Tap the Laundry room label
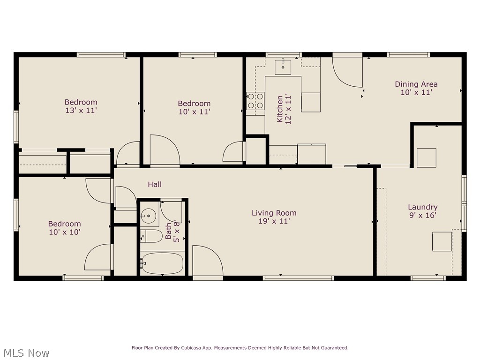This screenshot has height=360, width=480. pyautogui.click(x=422, y=207)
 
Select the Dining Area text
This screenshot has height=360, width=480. pyautogui.click(x=416, y=84)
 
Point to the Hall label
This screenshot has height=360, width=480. pyautogui.click(x=155, y=185)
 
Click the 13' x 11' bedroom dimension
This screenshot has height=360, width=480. pyautogui.click(x=81, y=111)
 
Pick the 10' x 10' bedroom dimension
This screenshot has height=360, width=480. pyautogui.click(x=64, y=232)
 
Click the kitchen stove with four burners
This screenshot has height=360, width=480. pyautogui.click(x=255, y=101)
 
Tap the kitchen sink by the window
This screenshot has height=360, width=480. pyautogui.click(x=283, y=67)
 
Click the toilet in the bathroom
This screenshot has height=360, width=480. pyautogui.click(x=151, y=236)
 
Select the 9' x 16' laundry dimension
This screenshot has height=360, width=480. pyautogui.click(x=422, y=215)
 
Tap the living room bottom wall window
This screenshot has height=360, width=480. pyautogui.click(x=299, y=278)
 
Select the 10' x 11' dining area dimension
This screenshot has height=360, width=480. pyautogui.click(x=416, y=93)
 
